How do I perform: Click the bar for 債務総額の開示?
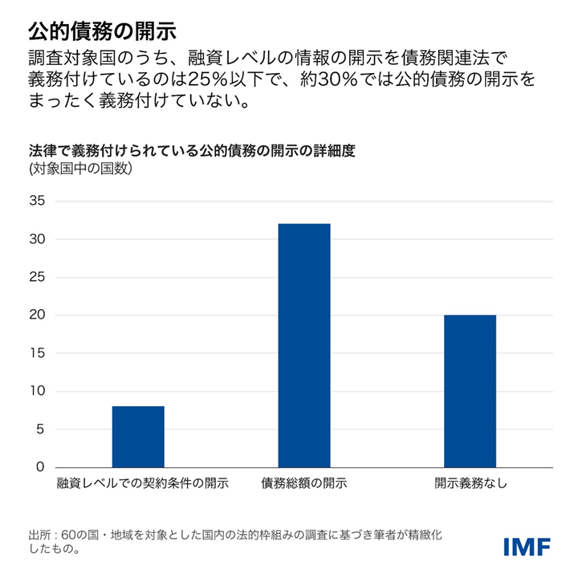(x=304, y=345)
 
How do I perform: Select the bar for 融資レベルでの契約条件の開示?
(x=138, y=437)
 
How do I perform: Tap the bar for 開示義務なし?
(x=470, y=391)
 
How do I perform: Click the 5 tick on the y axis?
(x=39, y=429)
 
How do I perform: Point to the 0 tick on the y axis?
(x=39, y=467)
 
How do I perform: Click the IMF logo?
(x=527, y=547)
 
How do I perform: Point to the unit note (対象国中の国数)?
(x=80, y=169)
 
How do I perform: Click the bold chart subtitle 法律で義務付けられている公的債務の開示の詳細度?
(x=191, y=150)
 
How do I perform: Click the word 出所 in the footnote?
(x=39, y=535)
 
